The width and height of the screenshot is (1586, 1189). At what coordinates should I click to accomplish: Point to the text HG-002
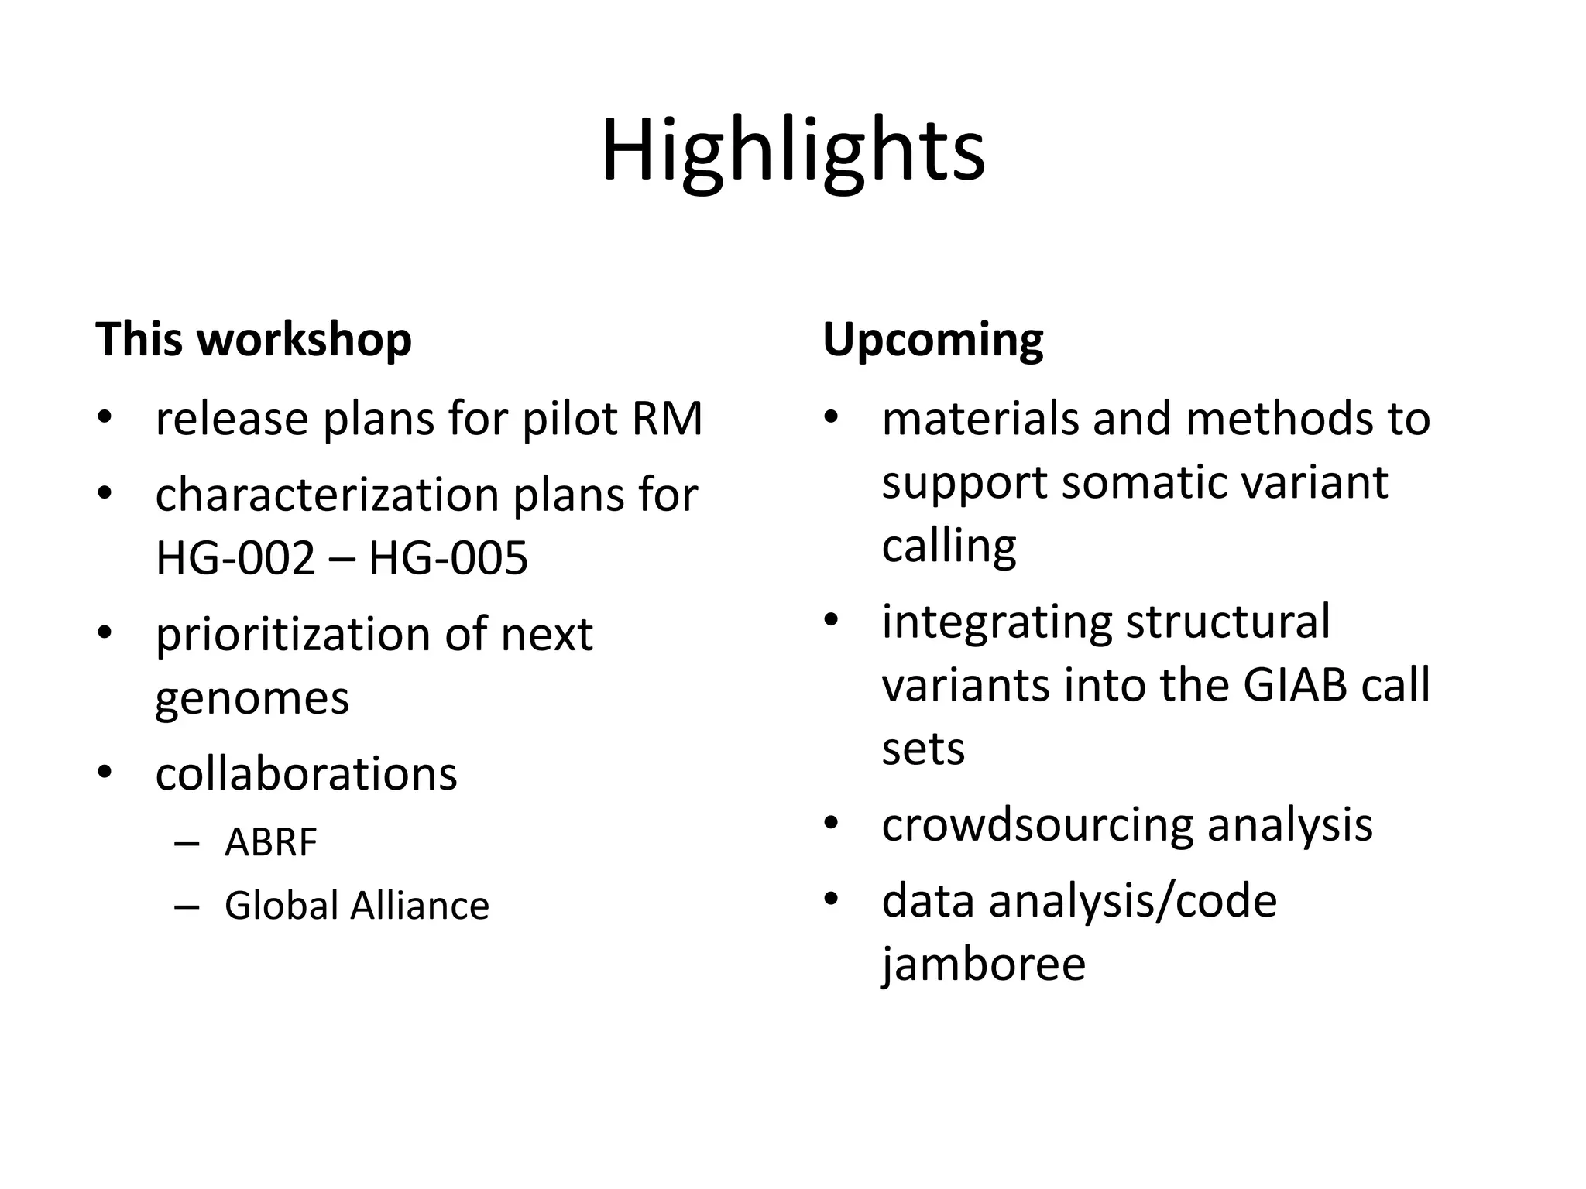235,557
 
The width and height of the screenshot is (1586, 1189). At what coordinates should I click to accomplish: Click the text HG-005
448,557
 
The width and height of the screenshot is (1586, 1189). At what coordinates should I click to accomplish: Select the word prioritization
291,635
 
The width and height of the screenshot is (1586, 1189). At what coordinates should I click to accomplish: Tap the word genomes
252,698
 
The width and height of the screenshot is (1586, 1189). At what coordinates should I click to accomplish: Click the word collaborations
306,773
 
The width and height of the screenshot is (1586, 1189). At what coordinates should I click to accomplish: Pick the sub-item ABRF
270,842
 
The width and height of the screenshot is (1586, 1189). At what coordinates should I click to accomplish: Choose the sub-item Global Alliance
356,906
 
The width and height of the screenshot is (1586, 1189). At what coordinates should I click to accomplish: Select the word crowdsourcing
1037,824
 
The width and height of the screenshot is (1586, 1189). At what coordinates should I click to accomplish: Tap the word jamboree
984,965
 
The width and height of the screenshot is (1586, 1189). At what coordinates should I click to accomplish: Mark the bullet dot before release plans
105,419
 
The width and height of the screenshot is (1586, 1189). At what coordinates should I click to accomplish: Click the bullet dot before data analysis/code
832,900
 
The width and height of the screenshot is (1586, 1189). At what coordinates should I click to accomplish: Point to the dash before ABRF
187,843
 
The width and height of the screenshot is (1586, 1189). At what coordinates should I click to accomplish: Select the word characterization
327,495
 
